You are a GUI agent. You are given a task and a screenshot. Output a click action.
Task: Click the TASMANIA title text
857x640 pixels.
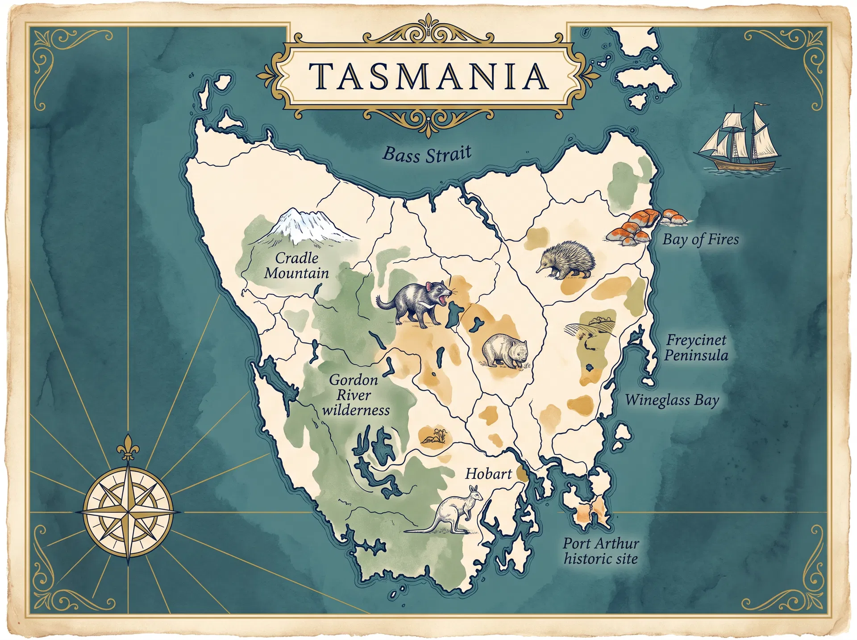tap(428, 76)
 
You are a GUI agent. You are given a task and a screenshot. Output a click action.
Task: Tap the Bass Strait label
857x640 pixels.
tap(427, 154)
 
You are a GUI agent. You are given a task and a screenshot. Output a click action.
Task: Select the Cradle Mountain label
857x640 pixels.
tap(296, 266)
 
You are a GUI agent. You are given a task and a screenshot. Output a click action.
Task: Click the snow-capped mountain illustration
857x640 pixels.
tap(304, 226)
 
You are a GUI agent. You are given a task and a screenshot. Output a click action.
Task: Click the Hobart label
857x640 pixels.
tap(488, 474)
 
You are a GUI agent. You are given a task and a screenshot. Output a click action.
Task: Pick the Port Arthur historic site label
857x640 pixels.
tap(601, 551)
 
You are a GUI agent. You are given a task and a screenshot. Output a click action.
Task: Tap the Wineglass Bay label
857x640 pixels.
tap(672, 400)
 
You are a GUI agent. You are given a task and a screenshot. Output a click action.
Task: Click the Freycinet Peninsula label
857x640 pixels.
tap(696, 348)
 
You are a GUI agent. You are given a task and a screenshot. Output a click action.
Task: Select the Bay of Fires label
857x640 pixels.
tap(700, 240)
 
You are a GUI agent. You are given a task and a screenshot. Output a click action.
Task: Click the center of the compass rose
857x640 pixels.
tap(129, 512)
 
